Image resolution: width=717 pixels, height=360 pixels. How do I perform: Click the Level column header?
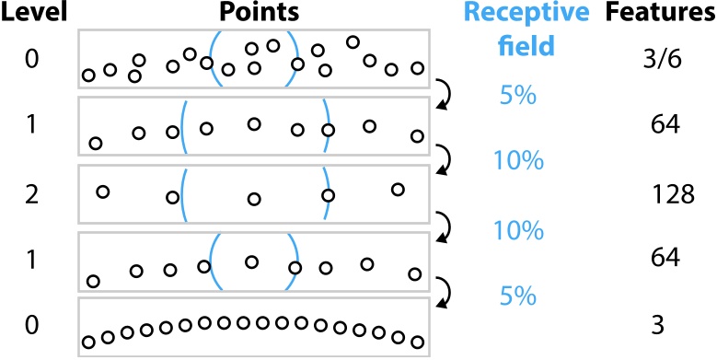tap(29, 14)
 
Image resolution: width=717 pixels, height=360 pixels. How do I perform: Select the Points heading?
tap(254, 14)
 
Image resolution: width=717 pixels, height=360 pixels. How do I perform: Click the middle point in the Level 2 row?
tap(254, 199)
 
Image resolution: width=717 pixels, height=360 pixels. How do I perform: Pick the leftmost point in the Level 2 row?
tap(103, 192)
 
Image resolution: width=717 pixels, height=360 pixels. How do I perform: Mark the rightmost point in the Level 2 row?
tap(398, 190)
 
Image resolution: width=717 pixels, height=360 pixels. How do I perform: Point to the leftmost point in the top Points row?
tap(88, 75)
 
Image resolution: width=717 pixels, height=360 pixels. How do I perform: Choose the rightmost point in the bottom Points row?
tap(418, 342)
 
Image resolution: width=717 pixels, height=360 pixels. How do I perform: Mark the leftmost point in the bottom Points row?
tap(88, 343)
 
